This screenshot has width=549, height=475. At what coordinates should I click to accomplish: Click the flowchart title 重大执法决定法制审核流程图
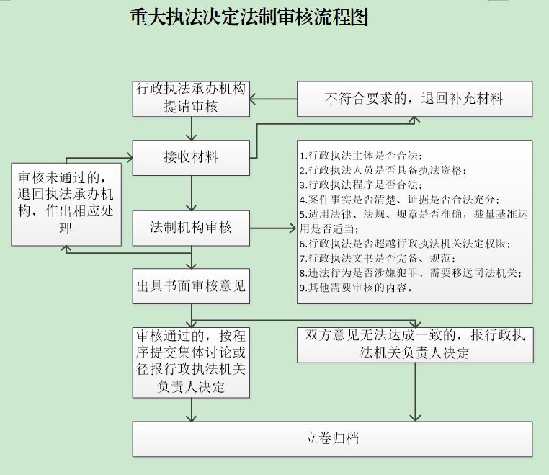[249, 17]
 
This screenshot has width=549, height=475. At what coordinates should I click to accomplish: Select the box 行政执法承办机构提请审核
[191, 99]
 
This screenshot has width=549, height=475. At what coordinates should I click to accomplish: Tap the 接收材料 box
[191, 158]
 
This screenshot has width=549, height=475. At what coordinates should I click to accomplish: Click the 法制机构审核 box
[191, 228]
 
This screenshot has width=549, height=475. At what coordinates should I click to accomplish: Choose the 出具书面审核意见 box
[191, 286]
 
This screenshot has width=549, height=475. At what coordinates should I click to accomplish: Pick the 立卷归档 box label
[331, 438]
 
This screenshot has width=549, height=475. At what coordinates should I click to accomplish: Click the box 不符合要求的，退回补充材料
[414, 99]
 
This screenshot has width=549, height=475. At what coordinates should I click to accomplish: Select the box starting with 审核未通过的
[66, 204]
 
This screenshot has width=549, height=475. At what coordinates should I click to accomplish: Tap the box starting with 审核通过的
[191, 363]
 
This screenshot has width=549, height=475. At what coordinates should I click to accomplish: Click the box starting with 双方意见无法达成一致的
[415, 345]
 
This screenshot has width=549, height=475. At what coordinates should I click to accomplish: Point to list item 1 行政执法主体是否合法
[361, 156]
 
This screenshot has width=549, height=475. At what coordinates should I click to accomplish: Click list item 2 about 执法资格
[383, 170]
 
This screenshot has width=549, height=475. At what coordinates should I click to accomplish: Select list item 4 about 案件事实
[399, 200]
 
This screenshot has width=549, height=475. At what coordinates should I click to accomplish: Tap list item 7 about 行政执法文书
[378, 259]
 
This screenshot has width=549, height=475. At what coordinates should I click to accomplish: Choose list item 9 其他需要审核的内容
[356, 288]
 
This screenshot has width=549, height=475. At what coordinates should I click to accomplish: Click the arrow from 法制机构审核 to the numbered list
[273, 228]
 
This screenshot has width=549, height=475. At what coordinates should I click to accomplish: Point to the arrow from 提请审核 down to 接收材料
[191, 128]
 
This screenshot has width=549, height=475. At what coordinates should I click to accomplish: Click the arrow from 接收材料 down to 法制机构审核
[191, 193]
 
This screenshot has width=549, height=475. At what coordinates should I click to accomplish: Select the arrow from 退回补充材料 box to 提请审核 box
[274, 99]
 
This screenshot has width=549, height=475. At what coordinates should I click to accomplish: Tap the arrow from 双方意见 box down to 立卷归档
[415, 392]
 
